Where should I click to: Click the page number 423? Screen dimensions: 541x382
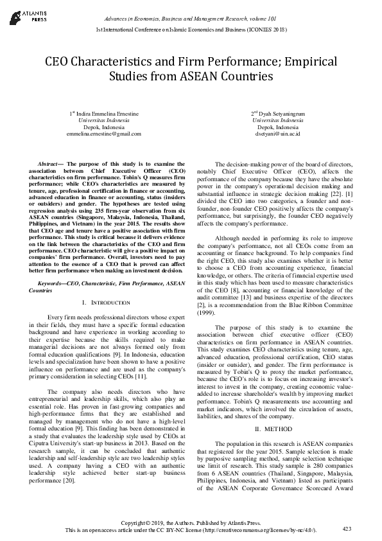point(347,528)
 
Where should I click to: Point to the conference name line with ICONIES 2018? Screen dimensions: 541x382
point(191,30)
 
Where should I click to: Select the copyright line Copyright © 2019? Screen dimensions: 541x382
point(191,522)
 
